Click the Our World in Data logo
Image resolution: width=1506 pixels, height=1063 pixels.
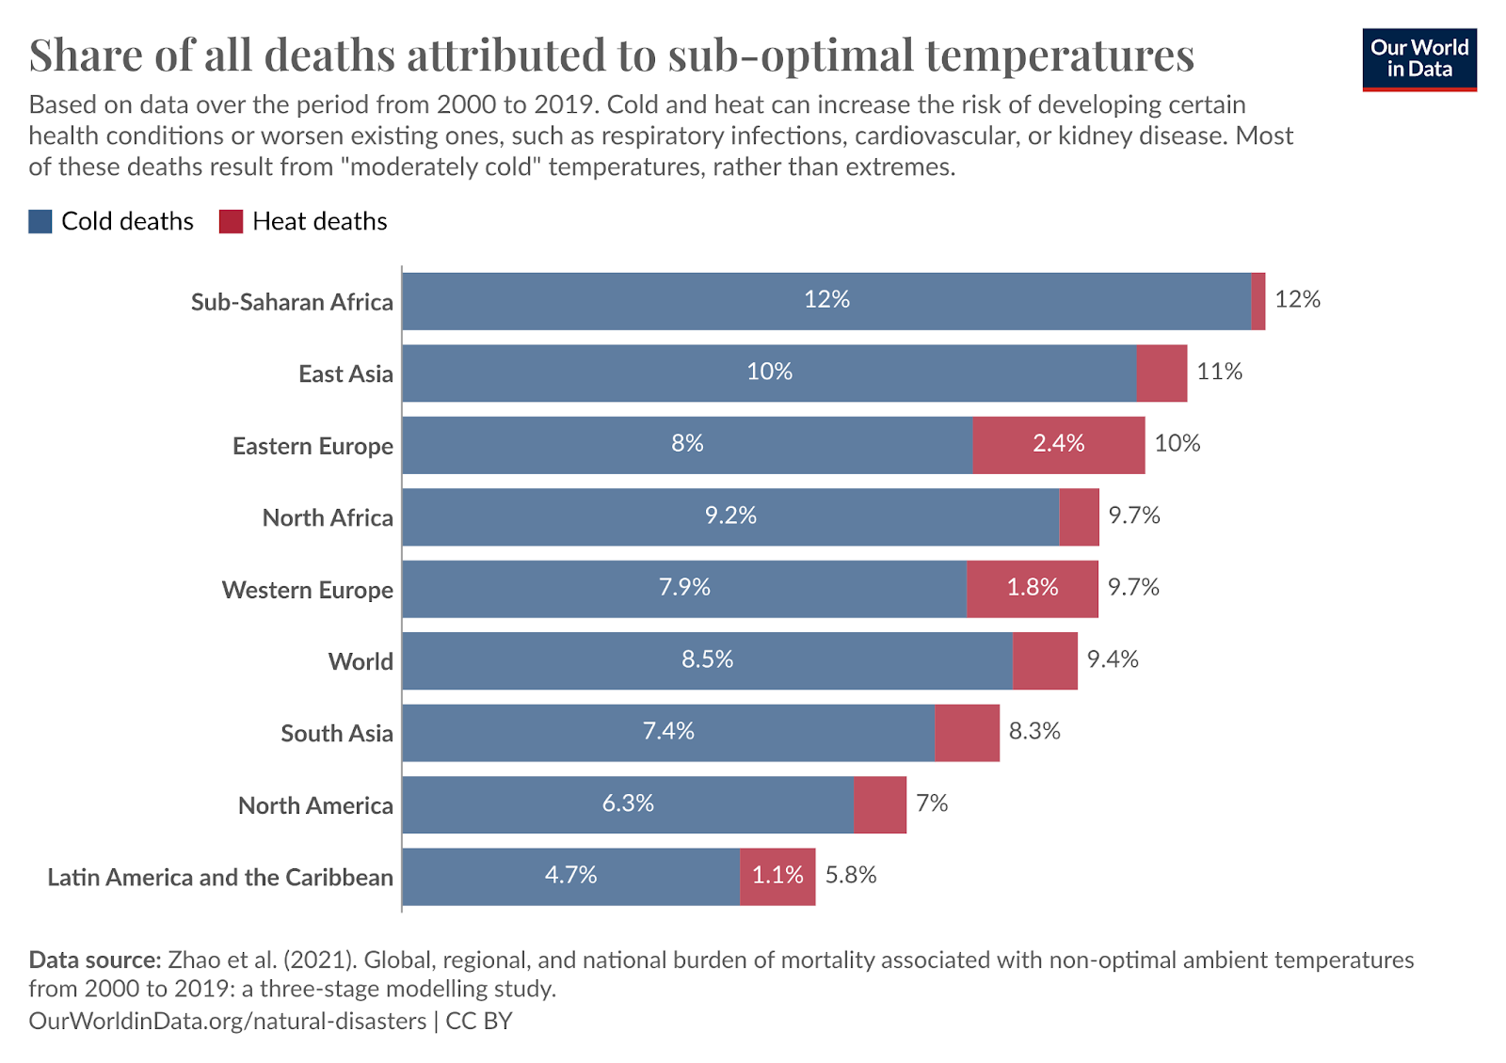(1418, 59)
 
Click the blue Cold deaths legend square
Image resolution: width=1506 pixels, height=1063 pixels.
(40, 221)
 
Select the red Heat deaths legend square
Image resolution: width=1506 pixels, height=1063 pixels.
(231, 221)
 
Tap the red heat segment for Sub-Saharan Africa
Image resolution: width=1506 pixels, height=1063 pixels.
(1258, 301)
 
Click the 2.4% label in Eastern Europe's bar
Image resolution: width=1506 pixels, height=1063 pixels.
(1058, 443)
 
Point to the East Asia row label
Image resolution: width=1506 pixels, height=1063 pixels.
(345, 373)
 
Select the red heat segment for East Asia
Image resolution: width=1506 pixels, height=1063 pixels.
(1162, 373)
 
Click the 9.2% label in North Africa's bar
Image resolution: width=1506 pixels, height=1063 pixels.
(730, 516)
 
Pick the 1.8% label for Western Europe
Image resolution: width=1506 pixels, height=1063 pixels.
(1033, 587)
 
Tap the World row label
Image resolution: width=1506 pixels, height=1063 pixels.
(360, 661)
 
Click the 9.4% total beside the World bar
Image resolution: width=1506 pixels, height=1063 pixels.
(1113, 659)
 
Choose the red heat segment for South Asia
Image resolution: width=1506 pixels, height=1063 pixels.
(967, 733)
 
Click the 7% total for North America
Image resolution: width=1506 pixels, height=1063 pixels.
(932, 803)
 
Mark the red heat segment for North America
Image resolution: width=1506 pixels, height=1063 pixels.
(880, 805)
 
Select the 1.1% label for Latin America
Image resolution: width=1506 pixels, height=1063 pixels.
(777, 876)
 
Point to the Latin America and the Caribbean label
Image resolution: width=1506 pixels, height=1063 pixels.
(220, 877)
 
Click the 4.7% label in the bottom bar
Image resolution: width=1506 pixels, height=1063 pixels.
(570, 876)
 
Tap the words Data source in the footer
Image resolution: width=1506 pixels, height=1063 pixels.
(95, 960)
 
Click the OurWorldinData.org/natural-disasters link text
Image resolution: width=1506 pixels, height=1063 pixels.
(227, 1022)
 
